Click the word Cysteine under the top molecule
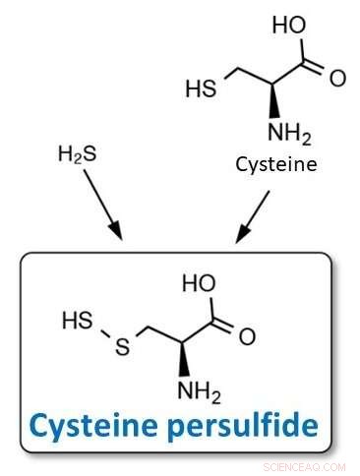[276, 163]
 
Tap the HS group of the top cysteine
[201, 89]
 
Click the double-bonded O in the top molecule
[337, 78]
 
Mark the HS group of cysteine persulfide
[77, 322]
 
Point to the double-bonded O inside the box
[247, 337]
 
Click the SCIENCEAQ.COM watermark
[304, 467]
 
